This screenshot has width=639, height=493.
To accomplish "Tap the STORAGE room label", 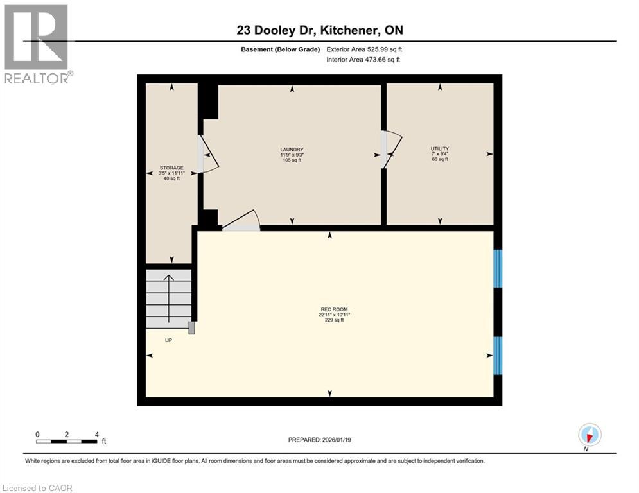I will click(171, 173).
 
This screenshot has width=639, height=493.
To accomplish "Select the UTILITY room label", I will click(439, 154).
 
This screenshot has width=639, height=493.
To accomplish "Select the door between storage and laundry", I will click(207, 155).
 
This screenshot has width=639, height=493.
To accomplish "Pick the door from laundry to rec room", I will click(241, 221).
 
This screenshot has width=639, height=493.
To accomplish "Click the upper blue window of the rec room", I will click(498, 268).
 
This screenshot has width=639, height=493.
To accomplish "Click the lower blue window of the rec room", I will click(498, 354).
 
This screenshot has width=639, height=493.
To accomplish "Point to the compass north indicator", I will click(589, 435).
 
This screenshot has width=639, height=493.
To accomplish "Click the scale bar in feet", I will click(67, 441).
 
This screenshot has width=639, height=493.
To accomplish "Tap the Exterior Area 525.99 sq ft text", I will click(364, 49).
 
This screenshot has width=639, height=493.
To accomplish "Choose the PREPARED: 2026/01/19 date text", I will click(320, 440).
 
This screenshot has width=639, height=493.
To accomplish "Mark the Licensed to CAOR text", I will click(37, 488).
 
